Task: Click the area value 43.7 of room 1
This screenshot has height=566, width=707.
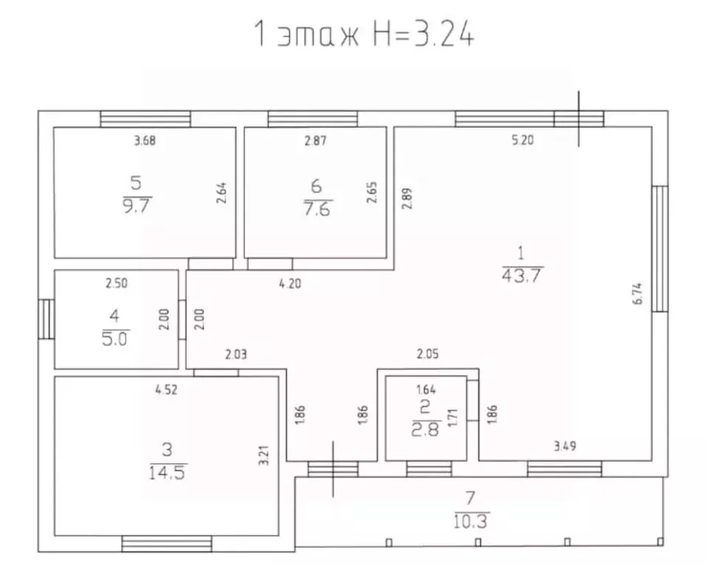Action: pos(521,275)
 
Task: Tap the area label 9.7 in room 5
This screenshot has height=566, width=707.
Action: pos(137,206)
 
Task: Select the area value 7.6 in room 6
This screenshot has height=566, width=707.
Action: pos(317,210)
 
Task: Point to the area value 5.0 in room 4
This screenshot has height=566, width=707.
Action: pos(115,339)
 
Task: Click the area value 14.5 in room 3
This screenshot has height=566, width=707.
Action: pos(168,472)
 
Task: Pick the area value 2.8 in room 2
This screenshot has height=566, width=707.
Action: pos(425,429)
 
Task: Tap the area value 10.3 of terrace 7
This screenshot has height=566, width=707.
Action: pos(471,521)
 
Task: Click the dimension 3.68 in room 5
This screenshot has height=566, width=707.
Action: pos(145,141)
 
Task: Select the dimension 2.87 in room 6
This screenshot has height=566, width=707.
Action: pos(315,141)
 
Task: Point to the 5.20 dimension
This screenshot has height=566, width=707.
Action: pos(523,139)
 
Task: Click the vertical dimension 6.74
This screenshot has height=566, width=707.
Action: pos(638,294)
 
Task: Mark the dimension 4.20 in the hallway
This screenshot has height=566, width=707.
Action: pos(290,283)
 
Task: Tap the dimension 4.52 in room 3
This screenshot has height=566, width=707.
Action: pos(166,390)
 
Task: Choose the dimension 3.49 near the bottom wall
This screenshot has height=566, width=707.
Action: pos(565,446)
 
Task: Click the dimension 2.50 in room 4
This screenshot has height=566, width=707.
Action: pos(117,283)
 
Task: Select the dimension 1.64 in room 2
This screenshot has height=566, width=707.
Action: pos(426,389)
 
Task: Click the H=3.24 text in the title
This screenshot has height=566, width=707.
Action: pos(424,34)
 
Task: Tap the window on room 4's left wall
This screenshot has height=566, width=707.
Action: pos(46,319)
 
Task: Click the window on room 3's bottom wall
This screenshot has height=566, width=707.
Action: pos(167,544)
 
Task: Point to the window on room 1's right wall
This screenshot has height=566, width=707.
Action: pos(660,249)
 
